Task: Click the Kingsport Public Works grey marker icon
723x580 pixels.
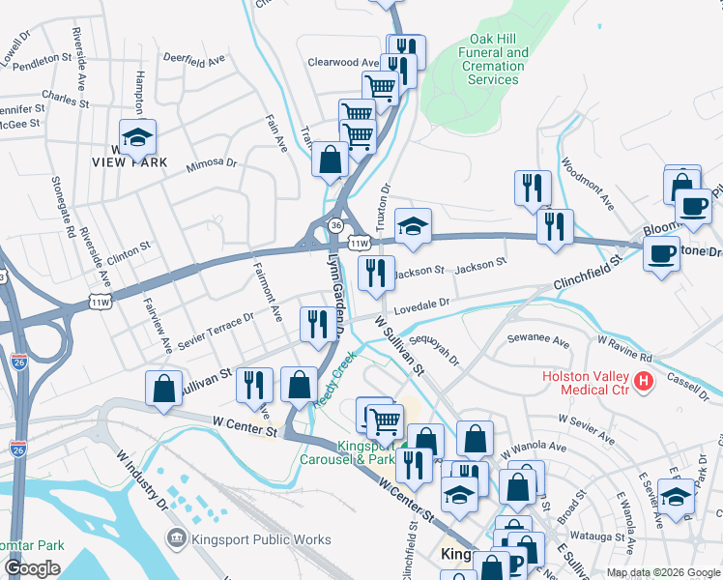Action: [x=177, y=536]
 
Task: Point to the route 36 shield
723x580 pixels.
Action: [x=335, y=224]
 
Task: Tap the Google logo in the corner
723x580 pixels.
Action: [x=32, y=568]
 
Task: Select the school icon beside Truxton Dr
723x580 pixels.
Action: [x=413, y=227]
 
